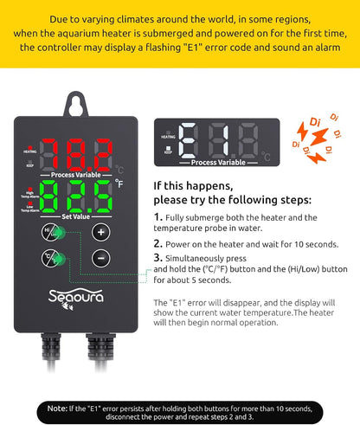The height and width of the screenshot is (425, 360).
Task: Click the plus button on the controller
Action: [x=100, y=232]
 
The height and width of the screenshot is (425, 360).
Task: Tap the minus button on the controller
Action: [x=100, y=258]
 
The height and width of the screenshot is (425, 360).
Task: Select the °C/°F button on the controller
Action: [x=50, y=258]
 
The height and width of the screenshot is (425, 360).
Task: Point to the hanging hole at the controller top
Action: [x=76, y=106]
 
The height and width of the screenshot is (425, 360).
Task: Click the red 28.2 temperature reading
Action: [x=77, y=155]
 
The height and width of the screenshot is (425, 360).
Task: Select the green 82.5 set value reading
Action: [x=76, y=196]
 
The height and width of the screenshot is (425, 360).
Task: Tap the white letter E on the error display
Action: [x=188, y=140]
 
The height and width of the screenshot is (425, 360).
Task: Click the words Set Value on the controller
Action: [x=75, y=216]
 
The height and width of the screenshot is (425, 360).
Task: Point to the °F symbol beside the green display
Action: [x=119, y=183]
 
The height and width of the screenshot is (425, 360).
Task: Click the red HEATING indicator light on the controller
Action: [x=30, y=148]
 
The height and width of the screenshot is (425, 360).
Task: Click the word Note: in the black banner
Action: [x=57, y=409]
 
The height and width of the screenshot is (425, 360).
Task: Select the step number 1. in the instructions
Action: [x=158, y=217]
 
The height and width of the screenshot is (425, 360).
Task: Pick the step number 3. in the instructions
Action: [x=158, y=258]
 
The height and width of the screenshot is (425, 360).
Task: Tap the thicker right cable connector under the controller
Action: [x=100, y=347]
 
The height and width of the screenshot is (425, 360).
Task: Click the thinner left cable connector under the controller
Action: [x=51, y=347]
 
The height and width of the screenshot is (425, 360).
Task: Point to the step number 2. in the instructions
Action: [x=158, y=244]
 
